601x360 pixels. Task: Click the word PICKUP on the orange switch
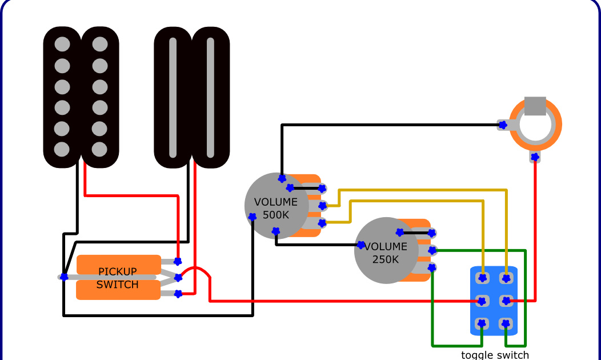tap(118, 271)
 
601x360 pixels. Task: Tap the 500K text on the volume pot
tap(276, 215)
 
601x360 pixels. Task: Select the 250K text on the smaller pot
tap(386, 259)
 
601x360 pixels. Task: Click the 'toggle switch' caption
tap(495, 355)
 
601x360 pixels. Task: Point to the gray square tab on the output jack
tap(535, 106)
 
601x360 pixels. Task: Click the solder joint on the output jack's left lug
tap(503, 125)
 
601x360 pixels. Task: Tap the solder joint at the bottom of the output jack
tap(535, 157)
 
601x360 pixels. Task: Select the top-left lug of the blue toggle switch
tap(483, 278)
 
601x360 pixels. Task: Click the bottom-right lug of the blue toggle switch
tap(506, 324)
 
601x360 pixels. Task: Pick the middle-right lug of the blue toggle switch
tap(506, 301)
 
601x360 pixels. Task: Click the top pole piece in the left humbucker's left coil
tap(62, 44)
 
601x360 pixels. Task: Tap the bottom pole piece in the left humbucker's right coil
tap(100, 149)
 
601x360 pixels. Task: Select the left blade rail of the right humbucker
tap(173, 97)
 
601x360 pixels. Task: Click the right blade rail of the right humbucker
tap(210, 97)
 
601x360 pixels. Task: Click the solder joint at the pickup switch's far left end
tap(64, 277)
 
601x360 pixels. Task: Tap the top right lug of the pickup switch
tap(178, 262)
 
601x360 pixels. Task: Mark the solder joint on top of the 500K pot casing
tap(282, 178)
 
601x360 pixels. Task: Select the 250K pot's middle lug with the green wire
tap(432, 250)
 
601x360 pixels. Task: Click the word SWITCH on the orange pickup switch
tap(118, 285)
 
